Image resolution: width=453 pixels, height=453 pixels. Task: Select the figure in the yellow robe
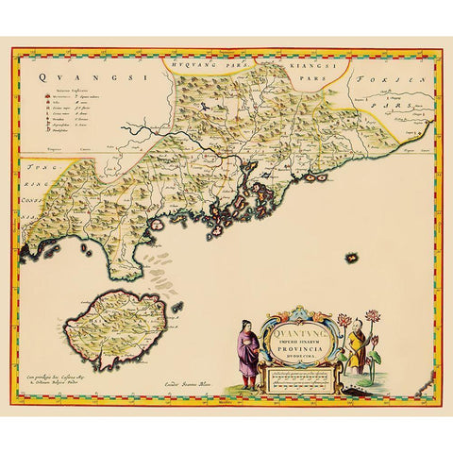pos(356,344)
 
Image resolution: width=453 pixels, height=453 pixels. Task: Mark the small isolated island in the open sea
pos(354,256)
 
